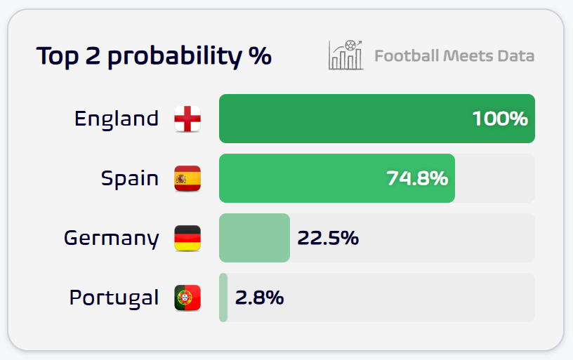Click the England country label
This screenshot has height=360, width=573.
click(x=117, y=119)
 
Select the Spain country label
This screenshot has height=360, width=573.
click(x=130, y=178)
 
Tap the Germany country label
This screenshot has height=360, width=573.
click(x=111, y=239)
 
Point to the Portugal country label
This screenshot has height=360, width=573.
click(x=114, y=298)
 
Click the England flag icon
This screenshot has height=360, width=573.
click(x=187, y=119)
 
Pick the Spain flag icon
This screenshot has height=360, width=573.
click(x=187, y=178)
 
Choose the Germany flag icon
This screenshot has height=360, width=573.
click(x=187, y=239)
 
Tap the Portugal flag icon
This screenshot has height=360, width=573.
click(x=187, y=298)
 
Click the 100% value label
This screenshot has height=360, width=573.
click(x=500, y=119)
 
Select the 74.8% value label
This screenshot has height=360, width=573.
click(x=417, y=178)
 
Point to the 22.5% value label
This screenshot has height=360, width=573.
click(x=328, y=239)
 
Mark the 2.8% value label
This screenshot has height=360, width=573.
click(x=259, y=298)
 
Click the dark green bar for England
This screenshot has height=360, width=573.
click(x=337, y=119)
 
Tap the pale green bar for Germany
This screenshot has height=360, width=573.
click(x=254, y=239)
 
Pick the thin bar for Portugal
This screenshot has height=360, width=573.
click(x=223, y=298)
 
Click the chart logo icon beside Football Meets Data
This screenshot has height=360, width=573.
click(x=345, y=55)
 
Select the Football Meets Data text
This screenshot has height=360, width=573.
click(x=454, y=55)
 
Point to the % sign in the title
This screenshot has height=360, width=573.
click(x=261, y=55)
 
